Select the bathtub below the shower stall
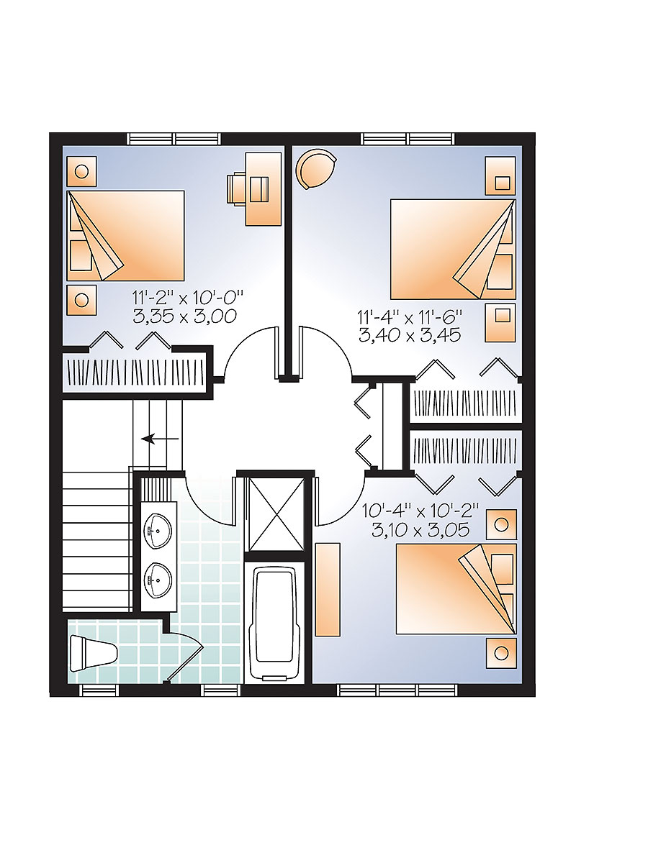(x=271, y=621)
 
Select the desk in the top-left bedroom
(x=263, y=188)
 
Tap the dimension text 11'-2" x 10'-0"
(x=189, y=296)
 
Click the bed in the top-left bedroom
(x=125, y=235)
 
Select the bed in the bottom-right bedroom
(x=456, y=589)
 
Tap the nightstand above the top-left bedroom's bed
(x=81, y=172)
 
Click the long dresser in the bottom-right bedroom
(x=328, y=589)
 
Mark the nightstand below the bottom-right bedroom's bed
(x=501, y=653)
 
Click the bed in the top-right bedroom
(x=453, y=249)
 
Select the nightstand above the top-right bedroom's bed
(x=500, y=175)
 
